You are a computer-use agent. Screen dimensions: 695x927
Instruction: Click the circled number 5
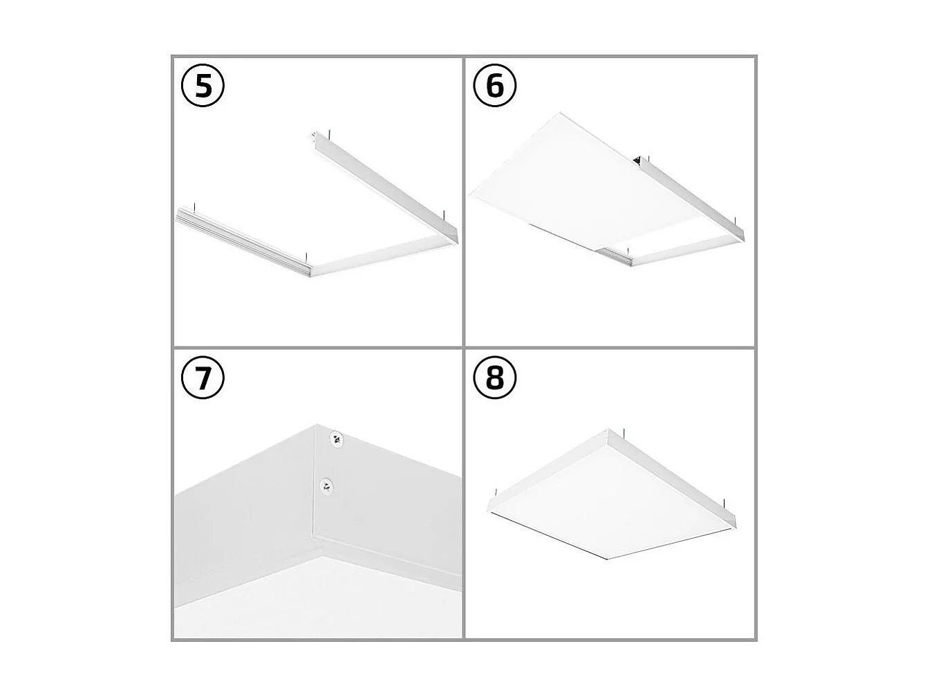(203, 87)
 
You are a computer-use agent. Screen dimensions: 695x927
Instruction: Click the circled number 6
(495, 87)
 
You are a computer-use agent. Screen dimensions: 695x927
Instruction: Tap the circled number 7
(203, 379)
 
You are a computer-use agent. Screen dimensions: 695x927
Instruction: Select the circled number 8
(495, 379)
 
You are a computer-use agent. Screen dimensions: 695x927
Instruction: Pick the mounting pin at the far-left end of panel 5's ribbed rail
(196, 205)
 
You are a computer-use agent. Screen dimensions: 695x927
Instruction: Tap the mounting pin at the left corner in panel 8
(494, 492)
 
